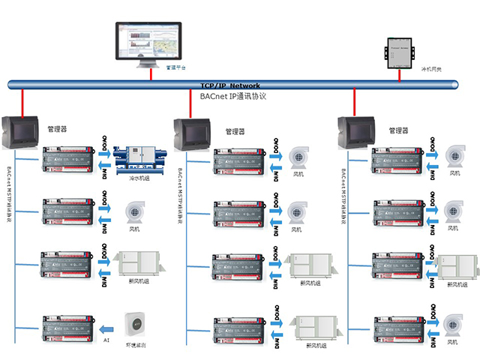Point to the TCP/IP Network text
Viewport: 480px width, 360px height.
point(230,86)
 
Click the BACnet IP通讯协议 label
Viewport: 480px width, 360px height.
point(233,97)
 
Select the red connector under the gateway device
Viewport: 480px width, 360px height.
point(398,73)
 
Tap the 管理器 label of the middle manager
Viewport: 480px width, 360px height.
point(235,131)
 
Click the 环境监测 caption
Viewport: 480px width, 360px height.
point(135,346)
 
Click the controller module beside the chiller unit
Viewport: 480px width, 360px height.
point(67,159)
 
